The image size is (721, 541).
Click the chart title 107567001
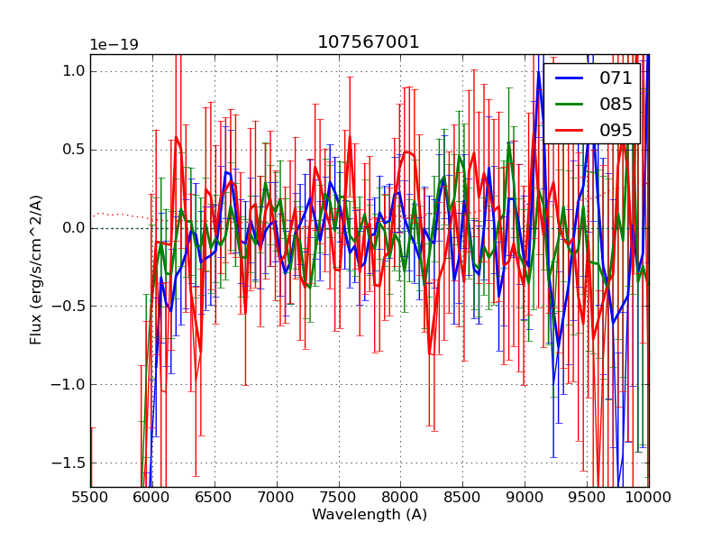coord(369,42)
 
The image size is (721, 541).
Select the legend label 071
coord(616,78)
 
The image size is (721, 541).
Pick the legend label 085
coord(616,104)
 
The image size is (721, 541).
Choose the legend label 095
coord(616,130)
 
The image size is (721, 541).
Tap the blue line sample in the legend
coord(570,78)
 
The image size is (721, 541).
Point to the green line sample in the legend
coord(570,104)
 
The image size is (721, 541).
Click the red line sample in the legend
coord(570,130)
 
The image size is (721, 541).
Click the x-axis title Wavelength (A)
coord(370,515)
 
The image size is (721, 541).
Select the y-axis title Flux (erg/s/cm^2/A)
coord(37,270)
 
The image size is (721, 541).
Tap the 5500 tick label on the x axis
coord(90,497)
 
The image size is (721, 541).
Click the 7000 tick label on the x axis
coord(277,497)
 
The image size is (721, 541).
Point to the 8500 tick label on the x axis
coord(462,497)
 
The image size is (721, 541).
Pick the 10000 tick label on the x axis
coord(649,497)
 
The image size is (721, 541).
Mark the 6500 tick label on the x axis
coord(214,497)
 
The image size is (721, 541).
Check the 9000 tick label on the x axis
coord(525,497)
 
